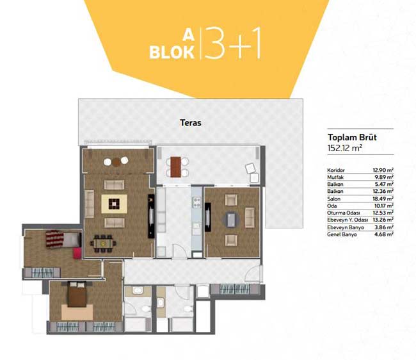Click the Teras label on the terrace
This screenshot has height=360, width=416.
(x=191, y=122)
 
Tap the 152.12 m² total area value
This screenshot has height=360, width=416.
(x=344, y=148)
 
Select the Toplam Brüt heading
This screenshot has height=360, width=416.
(x=352, y=137)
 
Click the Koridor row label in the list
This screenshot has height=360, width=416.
(x=336, y=170)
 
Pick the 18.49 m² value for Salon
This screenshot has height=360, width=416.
(x=383, y=199)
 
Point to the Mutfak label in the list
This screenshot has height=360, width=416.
(x=335, y=177)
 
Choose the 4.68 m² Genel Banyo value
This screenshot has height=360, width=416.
(x=384, y=234)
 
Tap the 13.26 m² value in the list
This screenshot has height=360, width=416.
(x=383, y=220)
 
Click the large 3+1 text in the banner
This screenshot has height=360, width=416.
(x=232, y=42)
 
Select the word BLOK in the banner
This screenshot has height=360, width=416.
(x=172, y=53)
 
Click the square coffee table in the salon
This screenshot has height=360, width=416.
(x=114, y=204)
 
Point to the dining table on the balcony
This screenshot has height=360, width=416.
(x=175, y=167)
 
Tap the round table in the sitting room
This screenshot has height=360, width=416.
(x=231, y=220)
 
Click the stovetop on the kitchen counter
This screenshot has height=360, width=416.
(x=197, y=202)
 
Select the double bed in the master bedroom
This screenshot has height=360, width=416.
(x=77, y=294)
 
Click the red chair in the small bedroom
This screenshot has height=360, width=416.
(x=77, y=253)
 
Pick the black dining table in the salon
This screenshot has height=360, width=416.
(x=103, y=243)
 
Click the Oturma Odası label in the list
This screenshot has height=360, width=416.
(x=343, y=213)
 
